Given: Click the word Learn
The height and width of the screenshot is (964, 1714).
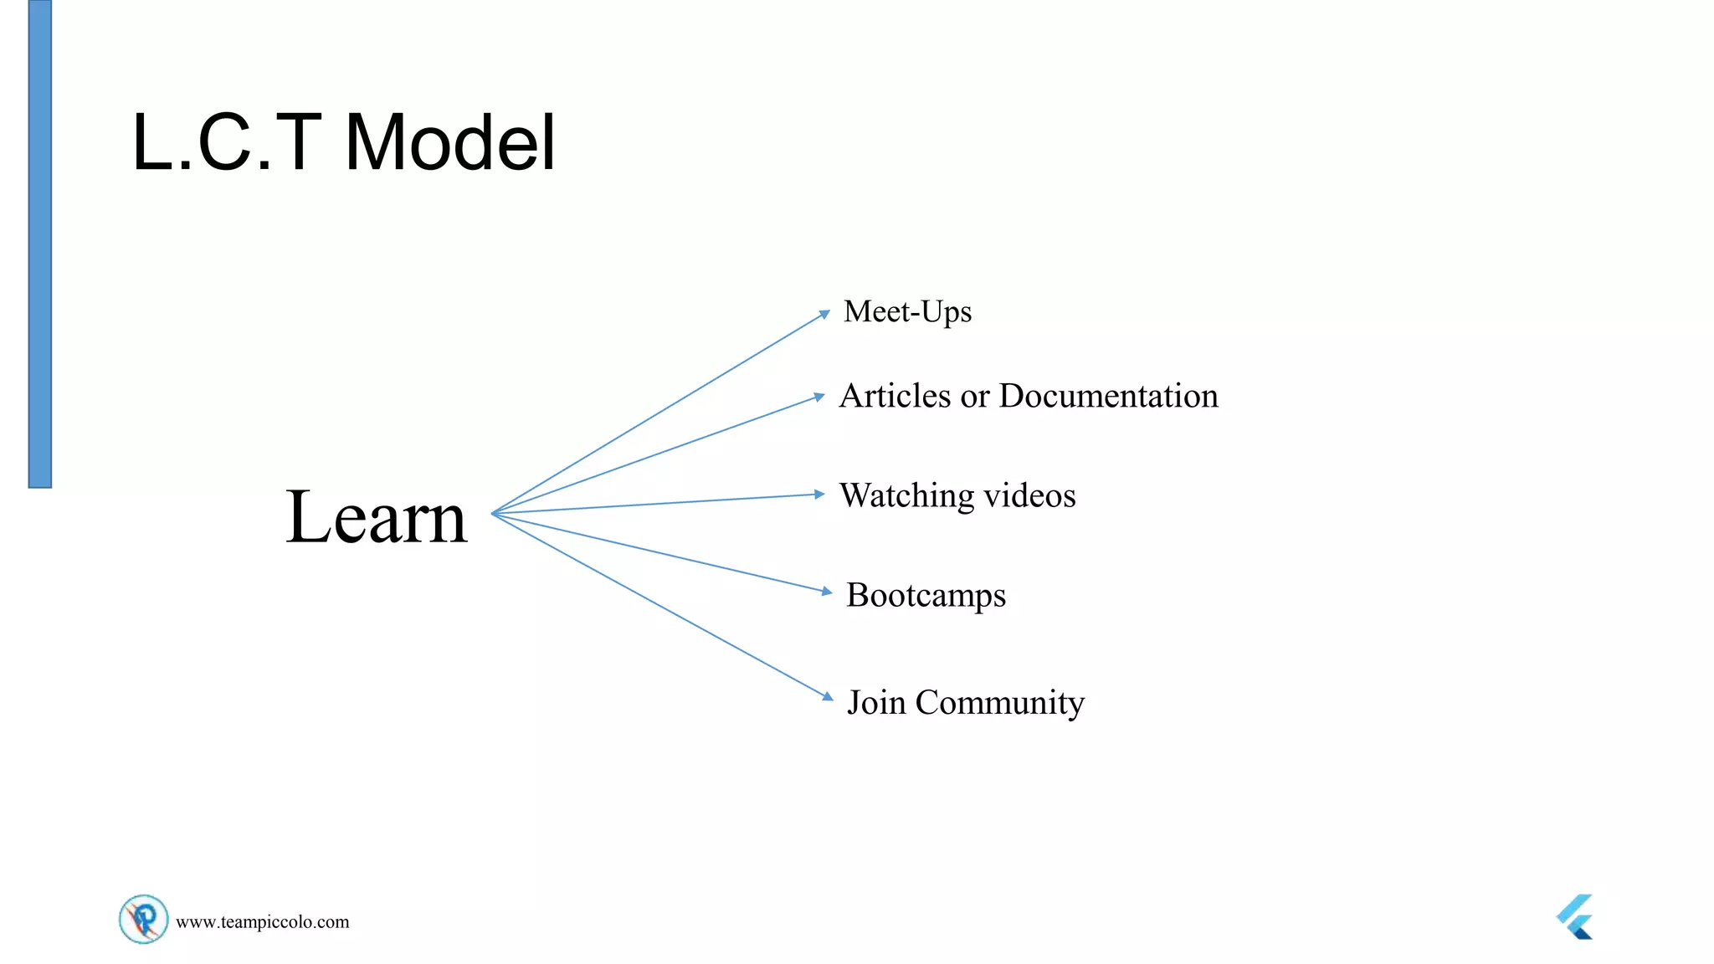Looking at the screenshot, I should pos(376,517).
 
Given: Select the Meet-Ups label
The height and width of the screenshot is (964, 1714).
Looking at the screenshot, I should pos(907,312).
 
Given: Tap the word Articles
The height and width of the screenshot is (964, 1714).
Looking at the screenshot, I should pos(895,396).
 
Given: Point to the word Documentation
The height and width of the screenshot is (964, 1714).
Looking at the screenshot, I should pos(1108,396).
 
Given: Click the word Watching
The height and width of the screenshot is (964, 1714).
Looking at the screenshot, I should pos(906,495).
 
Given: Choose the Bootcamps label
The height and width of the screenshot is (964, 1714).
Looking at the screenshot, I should pos(926,596).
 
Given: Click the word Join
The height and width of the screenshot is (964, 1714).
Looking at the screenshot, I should pos(875,702).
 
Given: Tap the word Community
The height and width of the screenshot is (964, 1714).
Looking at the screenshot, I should pos(999,703).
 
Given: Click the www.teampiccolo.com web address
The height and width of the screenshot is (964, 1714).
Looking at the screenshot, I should pos(262,922).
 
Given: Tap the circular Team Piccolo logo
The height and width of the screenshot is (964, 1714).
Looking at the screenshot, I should pos(143,919).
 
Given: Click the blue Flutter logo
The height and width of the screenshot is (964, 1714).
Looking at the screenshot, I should pos(1576,917).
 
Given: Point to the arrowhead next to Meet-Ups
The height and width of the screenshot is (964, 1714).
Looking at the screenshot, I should pos(824,315).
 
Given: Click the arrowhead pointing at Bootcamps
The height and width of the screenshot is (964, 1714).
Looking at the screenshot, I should pos(827,592).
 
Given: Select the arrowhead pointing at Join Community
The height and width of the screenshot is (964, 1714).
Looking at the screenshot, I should pos(828,696).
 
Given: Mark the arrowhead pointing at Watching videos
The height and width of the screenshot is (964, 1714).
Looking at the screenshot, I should pos(820,495).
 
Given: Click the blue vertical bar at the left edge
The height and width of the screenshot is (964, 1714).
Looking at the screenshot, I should pos(40,243).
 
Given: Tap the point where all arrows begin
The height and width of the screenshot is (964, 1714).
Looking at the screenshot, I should pos(493,514).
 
